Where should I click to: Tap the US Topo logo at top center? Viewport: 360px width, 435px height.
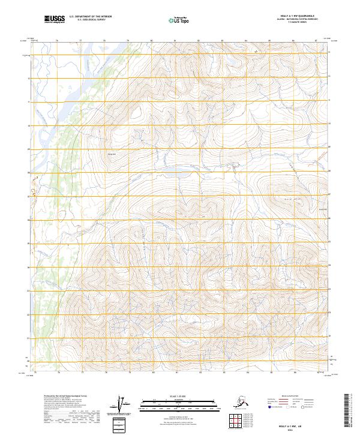pyautogui.click(x=180, y=20)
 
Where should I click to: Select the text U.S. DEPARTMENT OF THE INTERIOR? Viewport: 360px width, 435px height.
pyautogui.click(x=91, y=17)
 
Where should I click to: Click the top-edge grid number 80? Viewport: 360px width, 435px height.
pyautogui.click(x=151, y=41)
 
